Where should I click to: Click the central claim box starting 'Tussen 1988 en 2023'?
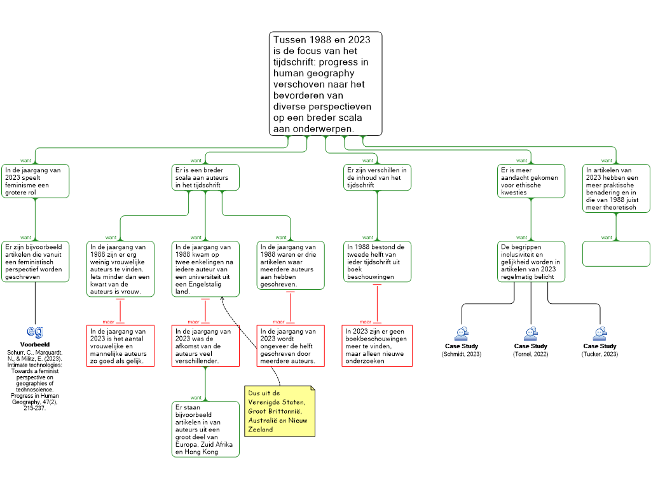click(x=325, y=83)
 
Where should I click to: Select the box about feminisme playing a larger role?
click(x=36, y=181)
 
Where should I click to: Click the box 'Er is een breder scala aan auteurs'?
click(x=206, y=178)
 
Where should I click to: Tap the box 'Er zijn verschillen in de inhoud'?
click(x=378, y=178)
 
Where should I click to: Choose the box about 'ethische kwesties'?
click(x=530, y=181)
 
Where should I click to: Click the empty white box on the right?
click(x=616, y=254)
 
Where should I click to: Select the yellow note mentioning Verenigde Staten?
click(x=280, y=411)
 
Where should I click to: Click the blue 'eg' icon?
click(x=35, y=332)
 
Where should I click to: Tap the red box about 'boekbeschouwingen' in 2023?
click(x=377, y=346)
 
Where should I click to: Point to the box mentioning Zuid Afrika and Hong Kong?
click(x=205, y=429)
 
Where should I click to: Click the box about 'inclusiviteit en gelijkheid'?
click(x=531, y=261)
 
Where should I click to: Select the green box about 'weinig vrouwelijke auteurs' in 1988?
click(x=120, y=269)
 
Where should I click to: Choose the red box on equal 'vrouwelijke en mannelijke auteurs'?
click(x=120, y=346)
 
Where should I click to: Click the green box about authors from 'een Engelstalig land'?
click(x=205, y=269)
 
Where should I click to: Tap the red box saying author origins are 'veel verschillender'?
click(x=205, y=346)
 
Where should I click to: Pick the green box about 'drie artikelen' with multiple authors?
click(x=291, y=266)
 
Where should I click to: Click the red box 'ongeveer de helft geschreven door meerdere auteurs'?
click(x=291, y=346)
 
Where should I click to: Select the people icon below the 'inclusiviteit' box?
click(x=531, y=334)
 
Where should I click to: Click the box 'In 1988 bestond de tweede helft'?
click(x=377, y=261)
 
